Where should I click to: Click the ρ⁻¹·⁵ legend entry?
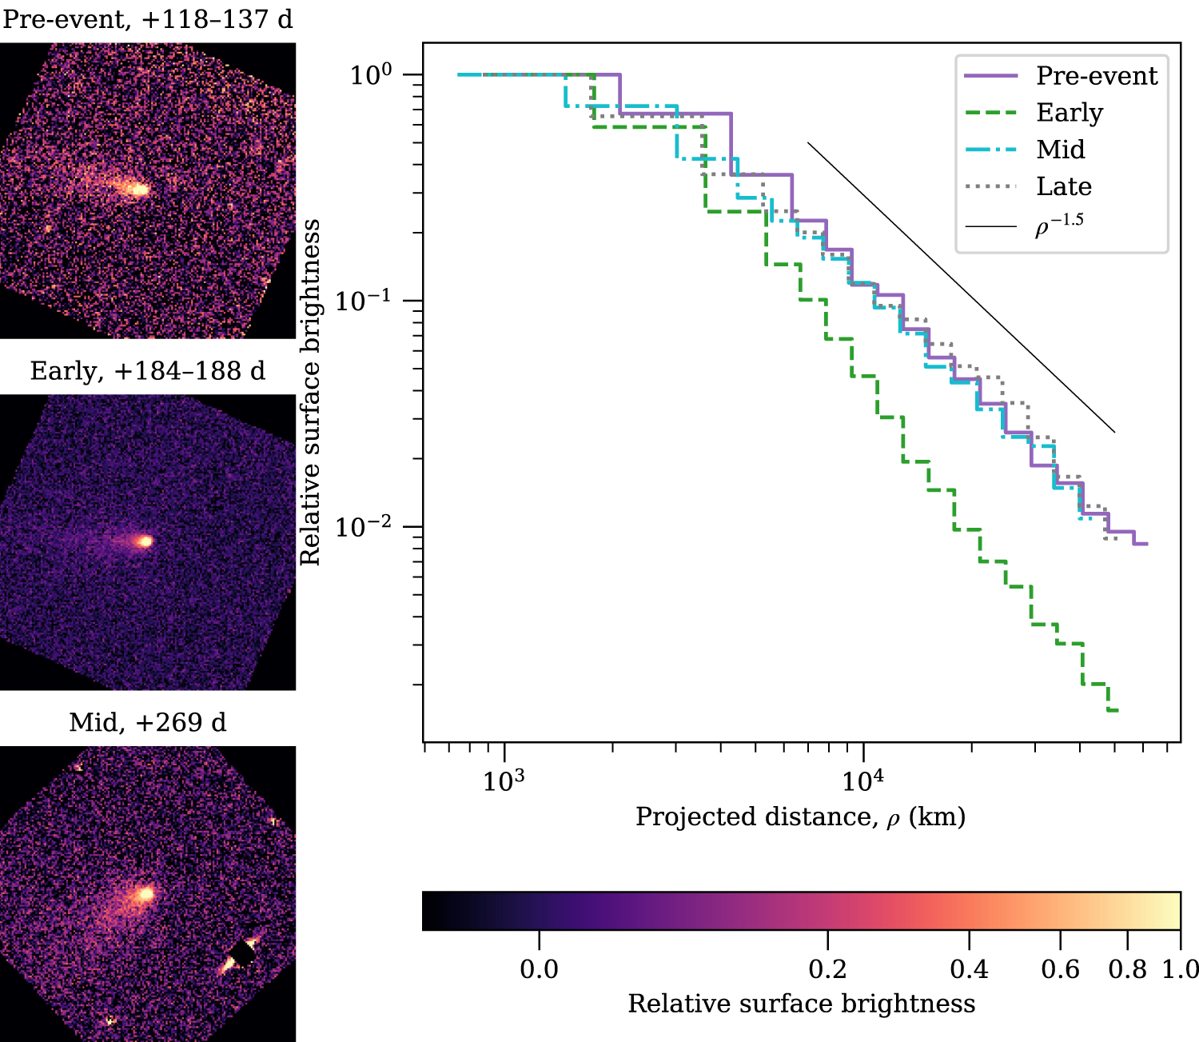(1059, 226)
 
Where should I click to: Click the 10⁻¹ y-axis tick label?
(368, 301)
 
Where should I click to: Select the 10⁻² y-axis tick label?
(368, 527)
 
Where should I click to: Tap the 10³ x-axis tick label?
(504, 780)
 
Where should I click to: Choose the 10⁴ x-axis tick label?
(863, 780)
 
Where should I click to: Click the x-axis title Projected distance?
(800, 816)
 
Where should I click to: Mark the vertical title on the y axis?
(310, 392)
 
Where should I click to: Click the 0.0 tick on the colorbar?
(539, 969)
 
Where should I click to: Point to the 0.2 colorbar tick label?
(827, 969)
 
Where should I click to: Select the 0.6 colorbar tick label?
(1060, 969)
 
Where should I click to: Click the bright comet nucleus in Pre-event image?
(139, 190)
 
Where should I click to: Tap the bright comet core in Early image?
(145, 541)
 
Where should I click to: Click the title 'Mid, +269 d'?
(148, 722)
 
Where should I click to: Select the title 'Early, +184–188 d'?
(148, 371)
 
